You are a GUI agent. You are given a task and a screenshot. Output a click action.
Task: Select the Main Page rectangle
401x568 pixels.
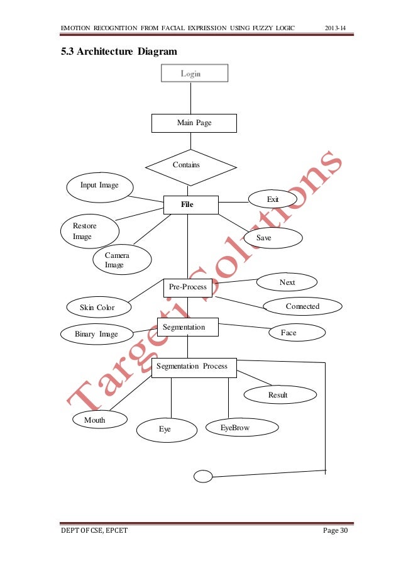pyautogui.click(x=194, y=123)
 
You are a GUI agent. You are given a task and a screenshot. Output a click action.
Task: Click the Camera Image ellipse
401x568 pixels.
pyautogui.click(x=121, y=260)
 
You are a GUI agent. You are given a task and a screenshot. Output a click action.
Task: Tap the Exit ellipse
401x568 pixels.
pyautogui.click(x=273, y=199)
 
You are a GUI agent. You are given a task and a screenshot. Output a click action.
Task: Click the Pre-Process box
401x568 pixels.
pyautogui.click(x=187, y=287)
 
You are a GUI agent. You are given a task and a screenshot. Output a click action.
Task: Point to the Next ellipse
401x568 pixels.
pyautogui.click(x=287, y=282)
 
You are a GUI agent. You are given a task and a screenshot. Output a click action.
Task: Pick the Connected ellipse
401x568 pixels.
pyautogui.click(x=302, y=306)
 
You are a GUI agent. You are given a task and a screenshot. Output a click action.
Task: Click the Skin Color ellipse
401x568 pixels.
pyautogui.click(x=97, y=308)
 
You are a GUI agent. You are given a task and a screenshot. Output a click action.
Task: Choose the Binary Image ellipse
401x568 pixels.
pyautogui.click(x=97, y=334)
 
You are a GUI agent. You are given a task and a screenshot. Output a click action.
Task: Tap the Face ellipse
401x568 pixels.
pyautogui.click(x=288, y=333)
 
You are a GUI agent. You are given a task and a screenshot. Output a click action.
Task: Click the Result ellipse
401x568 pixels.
pyautogui.click(x=277, y=395)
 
